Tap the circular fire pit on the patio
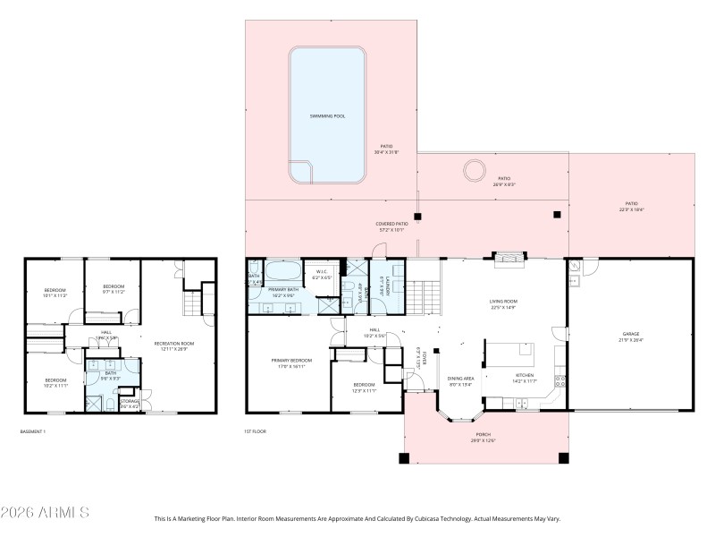473,170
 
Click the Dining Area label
460,379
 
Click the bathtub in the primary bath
284,271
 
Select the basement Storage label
130,403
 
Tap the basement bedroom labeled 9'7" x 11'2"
107,287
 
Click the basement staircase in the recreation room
194,307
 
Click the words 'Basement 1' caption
32,431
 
